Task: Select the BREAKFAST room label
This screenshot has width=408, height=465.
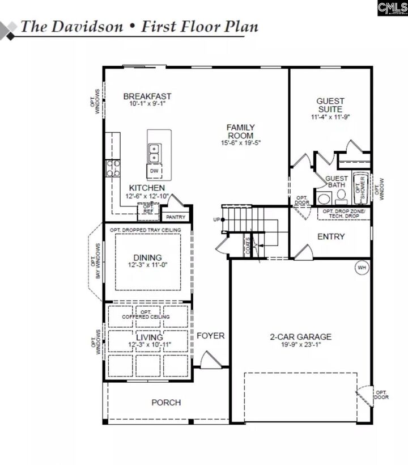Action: click(147, 96)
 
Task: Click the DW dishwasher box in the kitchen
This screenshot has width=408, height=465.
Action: click(154, 171)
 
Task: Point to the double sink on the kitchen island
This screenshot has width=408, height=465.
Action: click(154, 153)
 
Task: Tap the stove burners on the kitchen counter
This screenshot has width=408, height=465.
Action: click(112, 168)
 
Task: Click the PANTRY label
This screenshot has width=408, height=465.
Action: click(175, 217)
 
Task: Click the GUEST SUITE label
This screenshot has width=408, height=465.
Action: click(330, 105)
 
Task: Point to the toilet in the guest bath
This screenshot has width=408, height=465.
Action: click(341, 197)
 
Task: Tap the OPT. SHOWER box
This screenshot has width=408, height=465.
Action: click(360, 188)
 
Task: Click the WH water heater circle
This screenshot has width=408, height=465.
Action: click(360, 268)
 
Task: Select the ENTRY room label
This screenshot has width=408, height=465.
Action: click(330, 236)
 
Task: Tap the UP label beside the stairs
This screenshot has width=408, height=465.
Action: click(216, 219)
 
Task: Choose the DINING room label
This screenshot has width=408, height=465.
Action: click(147, 257)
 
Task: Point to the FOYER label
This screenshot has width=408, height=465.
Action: click(210, 336)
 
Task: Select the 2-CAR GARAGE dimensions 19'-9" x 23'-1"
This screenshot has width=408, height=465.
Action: click(300, 345)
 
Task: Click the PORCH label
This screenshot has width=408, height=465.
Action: click(166, 403)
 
